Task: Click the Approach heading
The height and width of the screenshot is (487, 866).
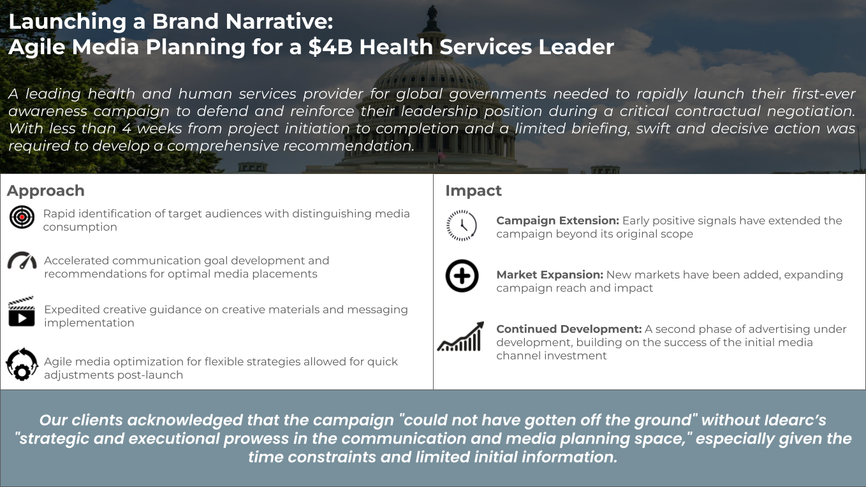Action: point(46,191)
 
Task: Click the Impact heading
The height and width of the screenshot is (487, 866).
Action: point(473,191)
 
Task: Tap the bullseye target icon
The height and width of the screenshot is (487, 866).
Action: point(22,217)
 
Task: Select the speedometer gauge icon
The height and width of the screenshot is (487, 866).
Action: point(22,261)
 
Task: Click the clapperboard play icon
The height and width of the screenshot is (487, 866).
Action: point(22,312)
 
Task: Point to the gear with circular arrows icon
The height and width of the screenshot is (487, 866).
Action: point(22,364)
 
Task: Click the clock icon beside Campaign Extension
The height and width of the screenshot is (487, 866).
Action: point(462,226)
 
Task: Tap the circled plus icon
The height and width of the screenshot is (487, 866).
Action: point(462,276)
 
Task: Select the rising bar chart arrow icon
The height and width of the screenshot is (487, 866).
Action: point(460,337)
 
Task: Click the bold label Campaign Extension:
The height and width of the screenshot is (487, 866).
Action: point(557,221)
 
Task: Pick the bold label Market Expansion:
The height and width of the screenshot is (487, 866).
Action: point(550,275)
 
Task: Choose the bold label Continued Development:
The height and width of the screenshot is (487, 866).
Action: point(569,329)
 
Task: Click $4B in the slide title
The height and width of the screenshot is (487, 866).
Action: point(330,47)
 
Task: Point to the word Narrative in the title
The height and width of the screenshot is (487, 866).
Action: point(279,21)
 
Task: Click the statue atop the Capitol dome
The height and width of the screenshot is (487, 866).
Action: point(432,11)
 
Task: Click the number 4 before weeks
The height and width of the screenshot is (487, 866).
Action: point(126,129)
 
